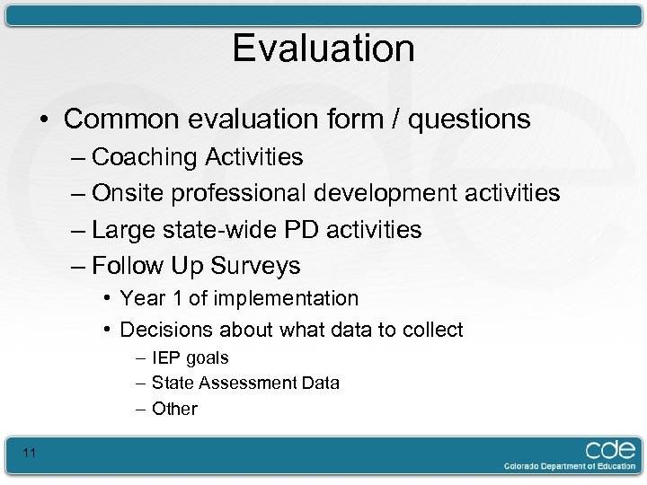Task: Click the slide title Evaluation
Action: pos(323,48)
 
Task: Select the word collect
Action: pos(434,330)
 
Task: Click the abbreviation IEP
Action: pos(166,357)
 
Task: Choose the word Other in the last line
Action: pos(174,409)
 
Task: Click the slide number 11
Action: pos(30,453)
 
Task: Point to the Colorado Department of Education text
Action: pos(569,467)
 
